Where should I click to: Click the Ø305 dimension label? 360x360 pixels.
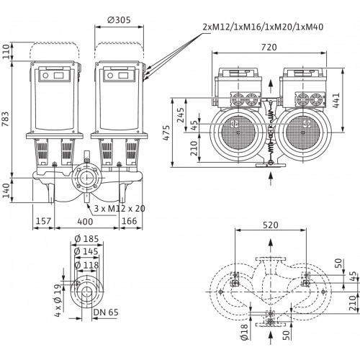coord(120,20)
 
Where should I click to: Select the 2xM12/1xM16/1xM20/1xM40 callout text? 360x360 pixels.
coord(263,27)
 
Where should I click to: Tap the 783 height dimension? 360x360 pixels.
coord(6,120)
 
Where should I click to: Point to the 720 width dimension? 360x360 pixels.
coord(269,48)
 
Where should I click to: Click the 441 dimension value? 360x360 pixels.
coord(336,100)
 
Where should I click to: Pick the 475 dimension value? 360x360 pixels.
coord(166,132)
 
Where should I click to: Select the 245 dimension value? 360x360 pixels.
coord(181,115)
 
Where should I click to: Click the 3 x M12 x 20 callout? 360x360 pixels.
coord(120,208)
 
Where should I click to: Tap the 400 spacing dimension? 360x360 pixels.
coord(85,221)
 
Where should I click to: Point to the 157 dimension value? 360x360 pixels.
coord(43,221)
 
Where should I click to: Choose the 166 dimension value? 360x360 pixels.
coord(130,221)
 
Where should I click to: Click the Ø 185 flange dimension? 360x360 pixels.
coord(86,239)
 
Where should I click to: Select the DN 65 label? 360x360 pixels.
coord(106,312)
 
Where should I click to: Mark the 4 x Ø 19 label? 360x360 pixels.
coord(58,300)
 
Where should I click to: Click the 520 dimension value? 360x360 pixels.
coord(271,225)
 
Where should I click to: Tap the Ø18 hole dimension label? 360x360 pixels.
coord(244,332)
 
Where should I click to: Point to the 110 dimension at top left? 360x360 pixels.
coord(6,51)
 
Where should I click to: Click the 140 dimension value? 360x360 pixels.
coord(6,191)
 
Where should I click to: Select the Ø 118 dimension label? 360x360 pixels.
coord(86,265)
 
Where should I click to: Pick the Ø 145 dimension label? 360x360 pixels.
coord(86,251)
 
